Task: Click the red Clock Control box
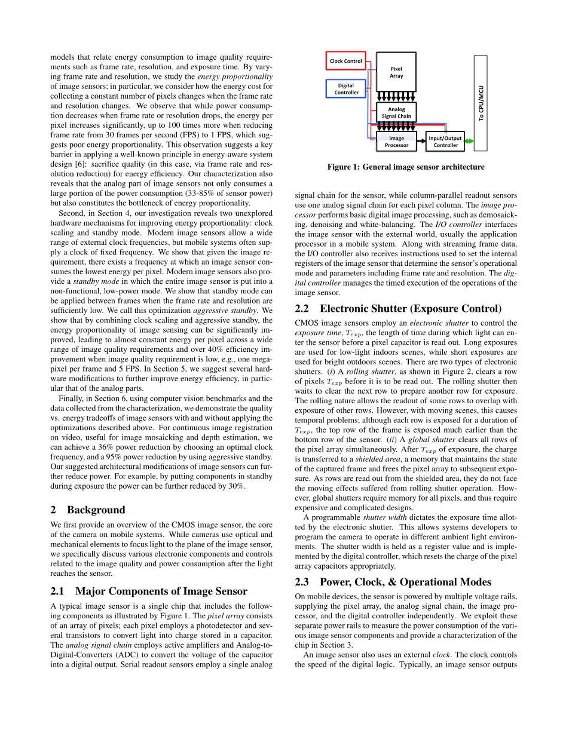click(x=346, y=61)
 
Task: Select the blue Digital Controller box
click(x=346, y=89)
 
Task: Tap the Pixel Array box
click(x=396, y=72)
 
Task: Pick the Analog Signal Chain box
click(x=396, y=112)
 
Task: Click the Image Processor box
click(x=396, y=142)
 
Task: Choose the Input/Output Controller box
click(x=445, y=142)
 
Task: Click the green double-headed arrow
click(x=469, y=142)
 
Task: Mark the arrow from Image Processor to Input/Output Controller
click(x=421, y=142)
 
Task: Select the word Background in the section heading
click(x=96, y=510)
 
